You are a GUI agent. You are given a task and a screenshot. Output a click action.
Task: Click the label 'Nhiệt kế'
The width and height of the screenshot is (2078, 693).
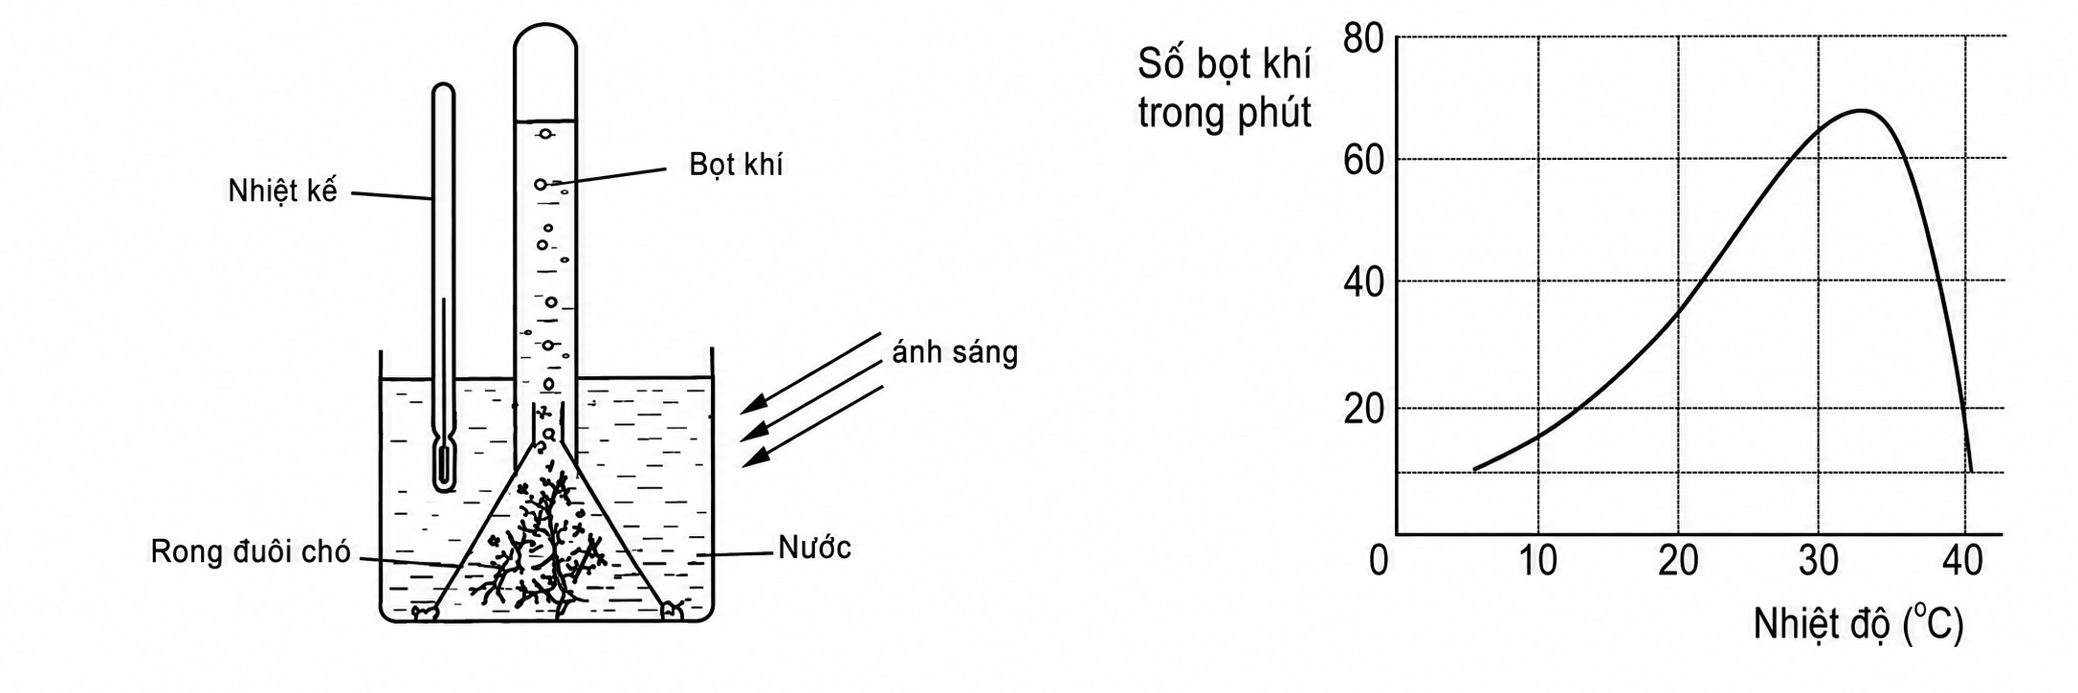(282, 190)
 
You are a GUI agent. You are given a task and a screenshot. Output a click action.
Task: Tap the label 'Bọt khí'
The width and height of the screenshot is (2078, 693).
(736, 165)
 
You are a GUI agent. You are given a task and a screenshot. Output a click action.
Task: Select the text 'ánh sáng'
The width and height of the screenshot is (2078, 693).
(955, 352)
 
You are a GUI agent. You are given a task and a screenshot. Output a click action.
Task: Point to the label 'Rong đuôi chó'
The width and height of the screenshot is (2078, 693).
(251, 552)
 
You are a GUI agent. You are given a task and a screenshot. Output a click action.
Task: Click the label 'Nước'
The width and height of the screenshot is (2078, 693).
(814, 548)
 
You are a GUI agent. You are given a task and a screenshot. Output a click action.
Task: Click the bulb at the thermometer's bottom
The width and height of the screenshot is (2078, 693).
(443, 465)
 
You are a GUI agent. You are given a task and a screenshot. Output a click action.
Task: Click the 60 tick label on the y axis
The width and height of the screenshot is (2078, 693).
(1363, 159)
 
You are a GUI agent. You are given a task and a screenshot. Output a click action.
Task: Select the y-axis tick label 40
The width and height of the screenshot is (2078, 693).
(1363, 282)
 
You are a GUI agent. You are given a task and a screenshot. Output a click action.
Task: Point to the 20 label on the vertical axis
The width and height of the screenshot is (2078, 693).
(1363, 410)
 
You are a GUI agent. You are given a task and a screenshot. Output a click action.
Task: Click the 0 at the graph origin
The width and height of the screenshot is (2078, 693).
(1379, 560)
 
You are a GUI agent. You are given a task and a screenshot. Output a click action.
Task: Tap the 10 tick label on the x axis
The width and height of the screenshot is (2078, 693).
(1537, 560)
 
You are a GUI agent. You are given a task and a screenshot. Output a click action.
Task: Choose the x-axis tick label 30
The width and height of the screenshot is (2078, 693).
(1819, 560)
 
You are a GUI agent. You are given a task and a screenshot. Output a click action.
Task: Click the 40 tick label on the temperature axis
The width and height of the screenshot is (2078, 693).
(1962, 560)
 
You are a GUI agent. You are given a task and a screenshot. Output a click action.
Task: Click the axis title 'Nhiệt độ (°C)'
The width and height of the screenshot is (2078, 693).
(1858, 625)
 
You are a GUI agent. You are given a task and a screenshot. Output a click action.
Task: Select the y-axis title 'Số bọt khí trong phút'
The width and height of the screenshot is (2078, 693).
(1225, 88)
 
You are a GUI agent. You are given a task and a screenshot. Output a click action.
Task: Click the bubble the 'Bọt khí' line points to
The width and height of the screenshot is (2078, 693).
(541, 184)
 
